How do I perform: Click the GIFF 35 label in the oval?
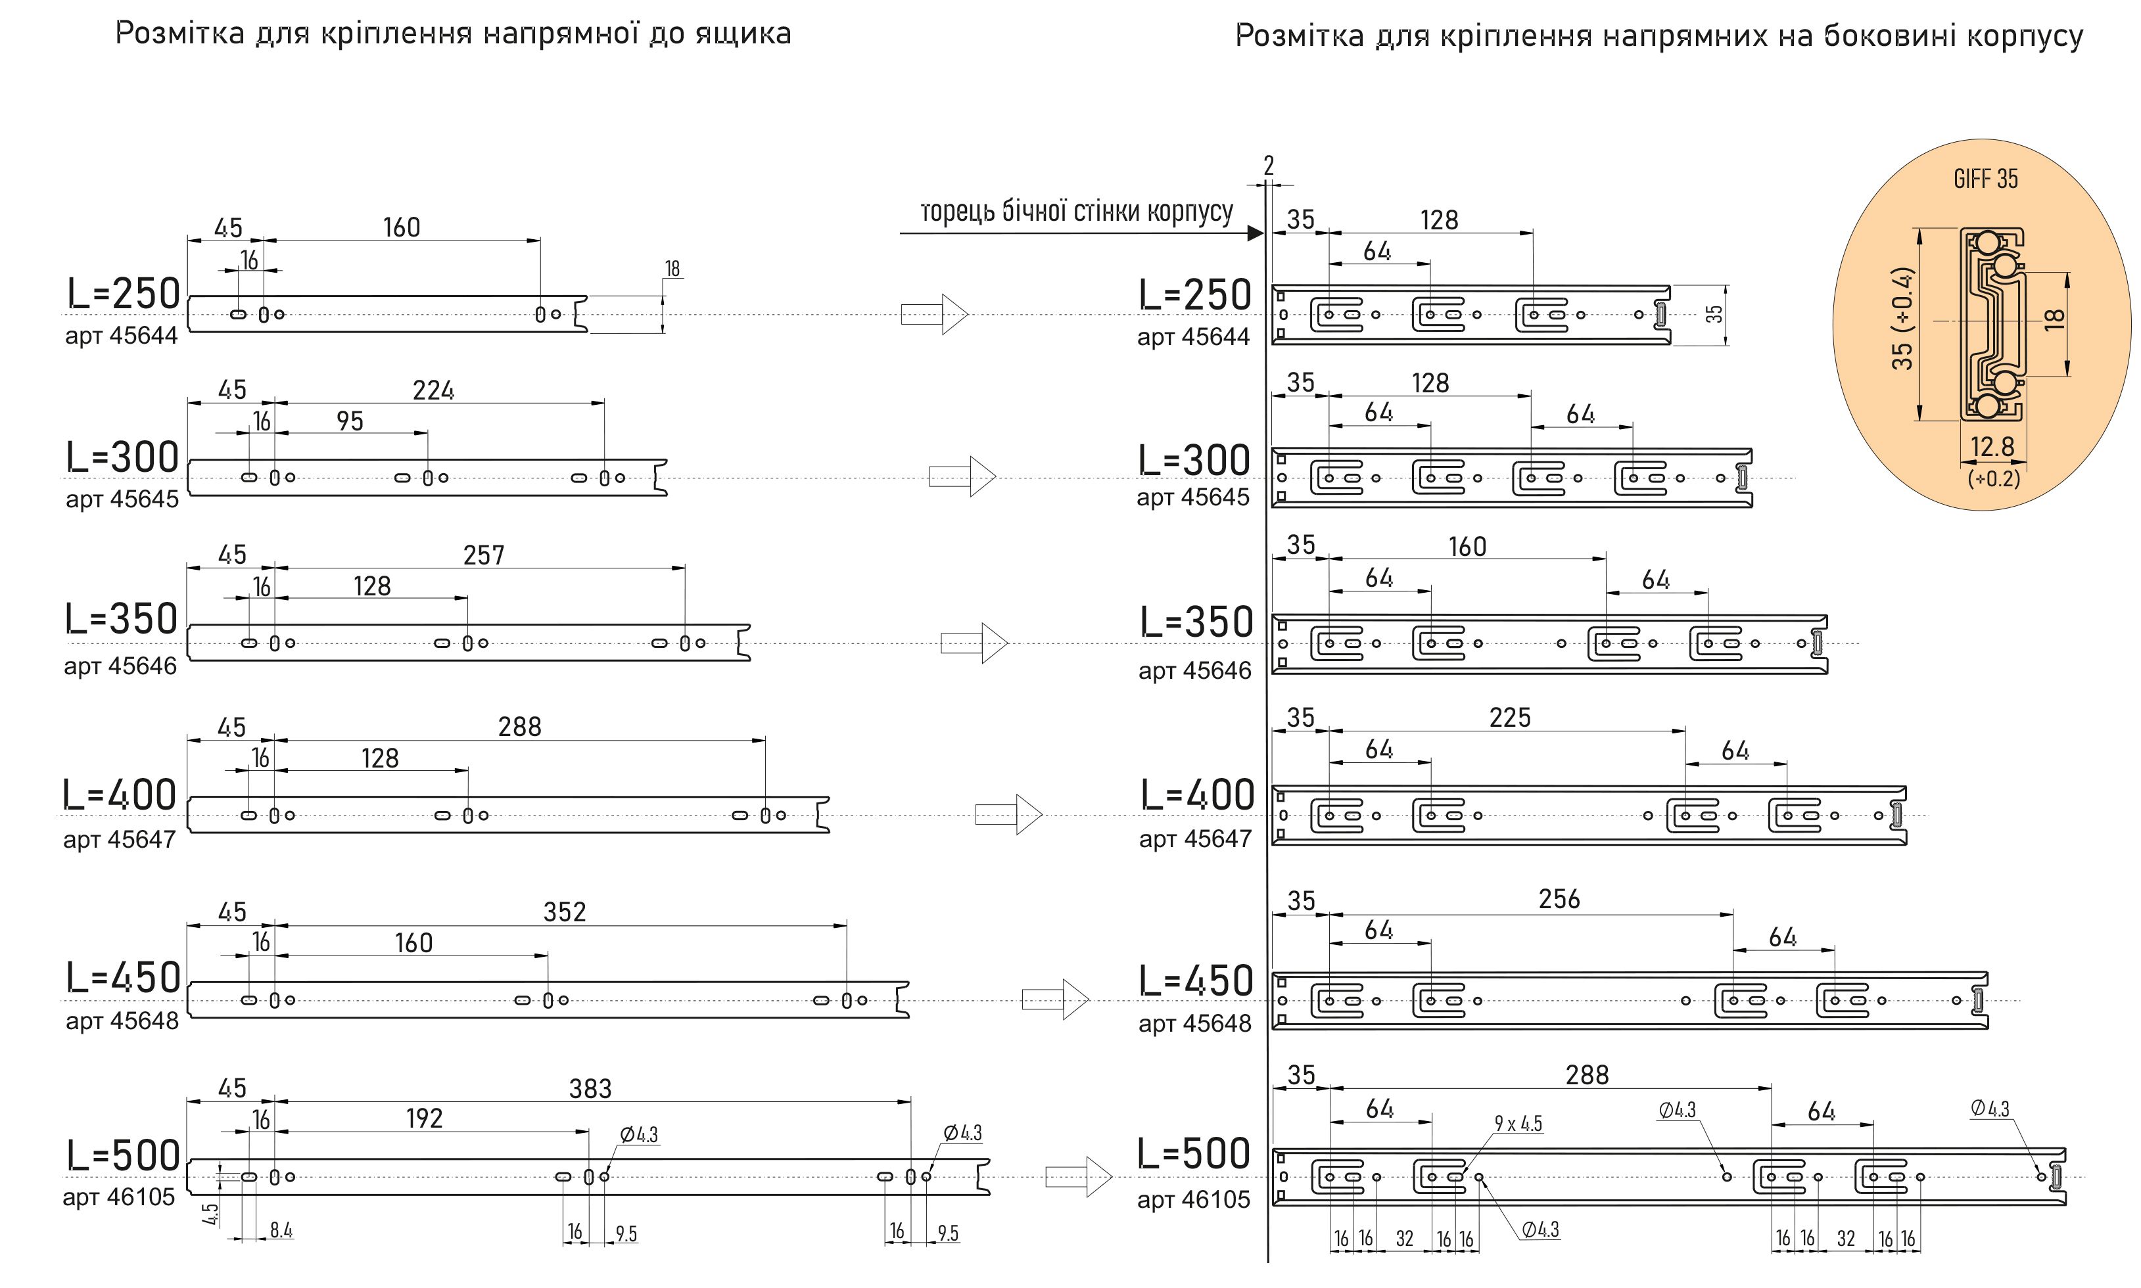1985,179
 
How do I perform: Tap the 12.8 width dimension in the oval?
1992,447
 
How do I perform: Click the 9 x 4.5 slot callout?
1518,1124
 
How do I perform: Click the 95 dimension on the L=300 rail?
350,422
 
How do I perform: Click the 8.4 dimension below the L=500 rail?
281,1230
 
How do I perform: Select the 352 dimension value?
564,912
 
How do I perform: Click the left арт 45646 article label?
120,666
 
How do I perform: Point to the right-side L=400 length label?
1197,795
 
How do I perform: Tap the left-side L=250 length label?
124,294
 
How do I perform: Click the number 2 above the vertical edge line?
1269,166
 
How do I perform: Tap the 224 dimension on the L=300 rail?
433,390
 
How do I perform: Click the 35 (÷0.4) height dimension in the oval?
1902,319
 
